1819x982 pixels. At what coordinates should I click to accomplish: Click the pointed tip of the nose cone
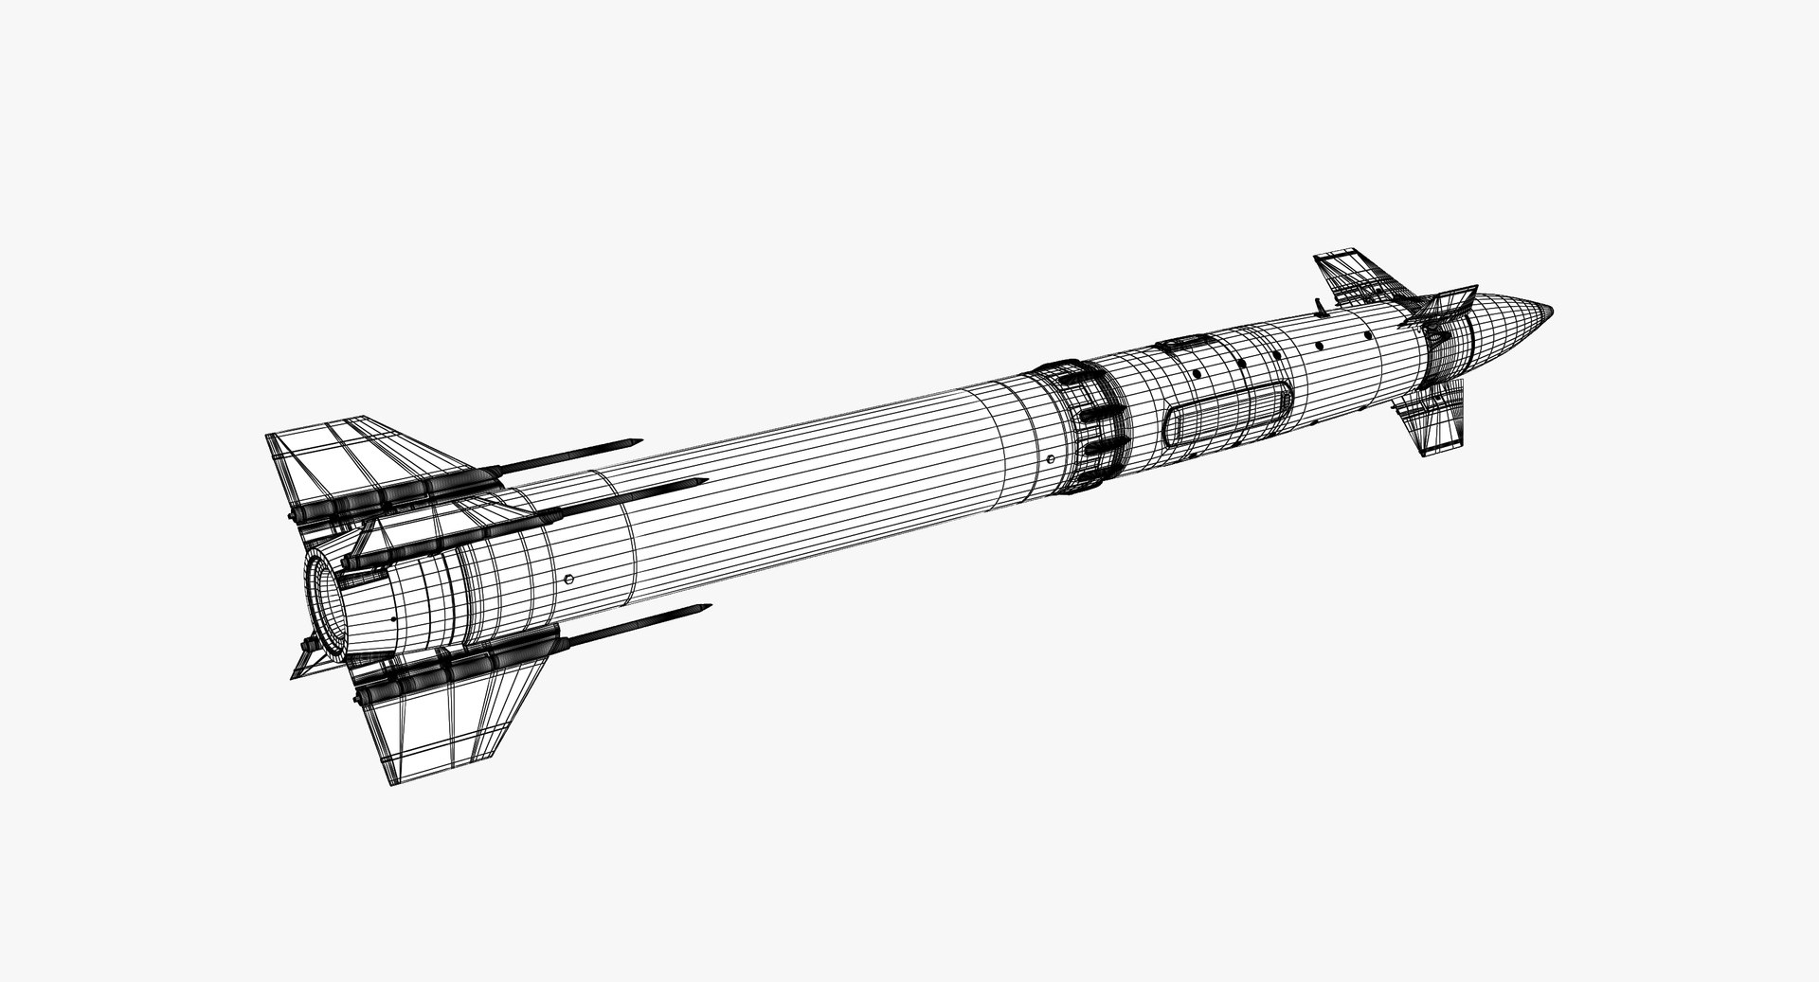(1552, 309)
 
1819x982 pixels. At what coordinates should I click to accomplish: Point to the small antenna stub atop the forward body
(1319, 305)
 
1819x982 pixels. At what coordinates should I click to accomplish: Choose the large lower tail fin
(445, 720)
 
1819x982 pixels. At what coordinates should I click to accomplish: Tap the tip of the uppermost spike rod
(639, 440)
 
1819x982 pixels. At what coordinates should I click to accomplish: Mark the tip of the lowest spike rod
(708, 607)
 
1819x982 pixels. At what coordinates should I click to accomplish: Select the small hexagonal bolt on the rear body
(568, 579)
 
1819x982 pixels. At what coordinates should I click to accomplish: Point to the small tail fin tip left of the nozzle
(296, 674)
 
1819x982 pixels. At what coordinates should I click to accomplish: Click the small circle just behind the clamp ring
(1051, 457)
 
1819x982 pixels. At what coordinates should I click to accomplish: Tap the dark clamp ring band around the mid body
(1090, 426)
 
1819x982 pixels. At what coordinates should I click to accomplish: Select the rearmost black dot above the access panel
(1198, 374)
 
